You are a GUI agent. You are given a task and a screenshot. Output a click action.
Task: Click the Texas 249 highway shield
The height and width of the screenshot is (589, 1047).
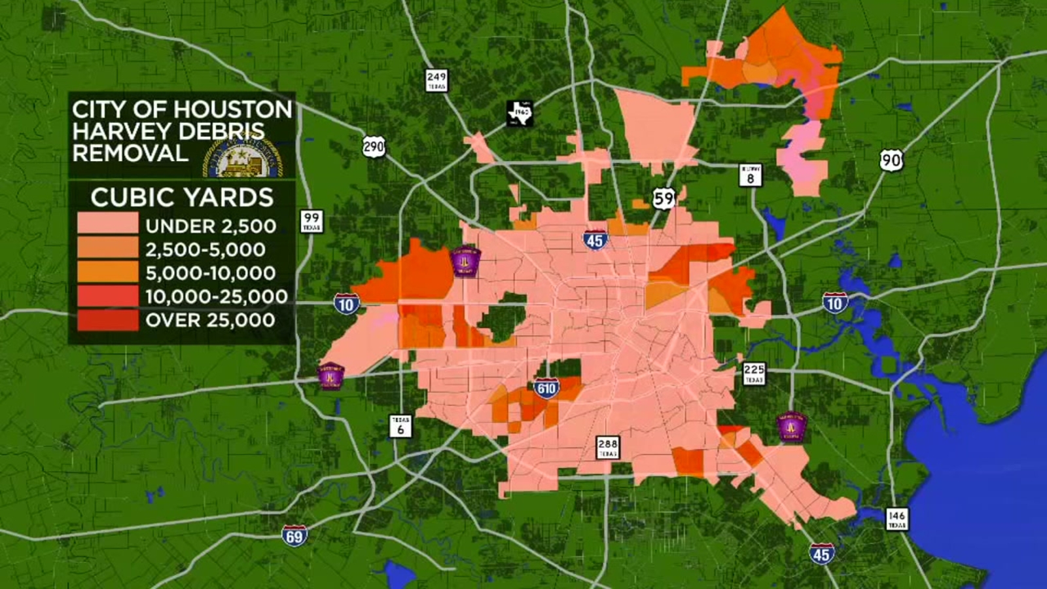(436, 80)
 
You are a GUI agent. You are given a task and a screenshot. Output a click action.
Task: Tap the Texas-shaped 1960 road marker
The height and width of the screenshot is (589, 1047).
(521, 113)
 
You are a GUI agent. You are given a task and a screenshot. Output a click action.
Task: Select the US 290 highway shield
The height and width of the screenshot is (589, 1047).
(374, 146)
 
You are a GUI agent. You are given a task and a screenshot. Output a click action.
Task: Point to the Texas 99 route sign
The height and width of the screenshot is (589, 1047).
(311, 221)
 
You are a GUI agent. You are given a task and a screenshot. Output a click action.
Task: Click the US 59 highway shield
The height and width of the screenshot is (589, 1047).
(664, 198)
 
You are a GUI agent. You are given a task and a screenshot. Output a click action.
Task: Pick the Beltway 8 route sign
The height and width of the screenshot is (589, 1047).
(751, 175)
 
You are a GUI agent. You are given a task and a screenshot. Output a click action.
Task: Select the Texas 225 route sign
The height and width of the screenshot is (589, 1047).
(754, 374)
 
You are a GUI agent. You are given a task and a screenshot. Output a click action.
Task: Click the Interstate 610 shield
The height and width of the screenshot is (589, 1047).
(546, 389)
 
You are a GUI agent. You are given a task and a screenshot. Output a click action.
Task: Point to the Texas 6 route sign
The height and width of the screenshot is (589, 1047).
(400, 425)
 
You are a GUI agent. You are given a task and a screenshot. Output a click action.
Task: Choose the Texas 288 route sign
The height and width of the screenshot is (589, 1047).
(608, 448)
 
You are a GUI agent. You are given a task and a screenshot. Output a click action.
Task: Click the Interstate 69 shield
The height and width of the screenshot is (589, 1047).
(294, 536)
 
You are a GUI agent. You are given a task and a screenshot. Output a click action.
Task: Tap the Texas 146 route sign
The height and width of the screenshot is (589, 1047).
(896, 519)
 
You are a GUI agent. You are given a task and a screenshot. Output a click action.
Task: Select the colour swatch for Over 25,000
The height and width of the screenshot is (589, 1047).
(108, 320)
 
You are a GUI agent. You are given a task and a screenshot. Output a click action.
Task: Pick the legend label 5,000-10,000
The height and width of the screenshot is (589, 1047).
(210, 273)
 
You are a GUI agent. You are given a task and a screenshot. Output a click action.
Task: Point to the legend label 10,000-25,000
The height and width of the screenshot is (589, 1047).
(216, 296)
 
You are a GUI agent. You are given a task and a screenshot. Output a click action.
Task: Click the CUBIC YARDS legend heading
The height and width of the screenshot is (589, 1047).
(182, 197)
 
